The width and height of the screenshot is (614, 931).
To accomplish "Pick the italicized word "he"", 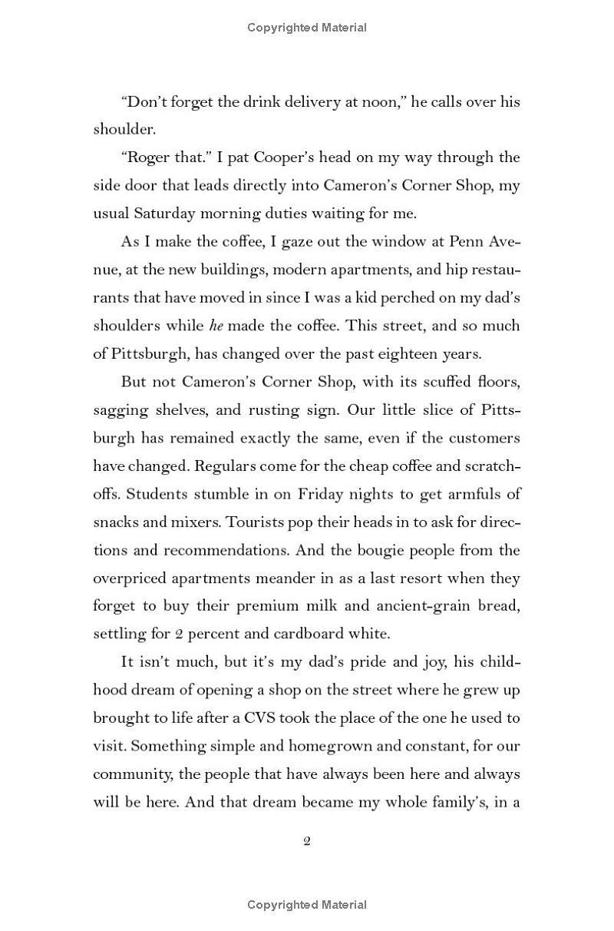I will (x=216, y=326).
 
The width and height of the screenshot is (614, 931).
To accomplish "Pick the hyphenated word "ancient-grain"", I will (x=420, y=606).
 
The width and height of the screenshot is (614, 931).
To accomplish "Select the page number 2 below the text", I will (x=307, y=841).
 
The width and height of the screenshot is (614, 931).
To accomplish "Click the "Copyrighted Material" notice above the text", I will (x=307, y=28).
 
